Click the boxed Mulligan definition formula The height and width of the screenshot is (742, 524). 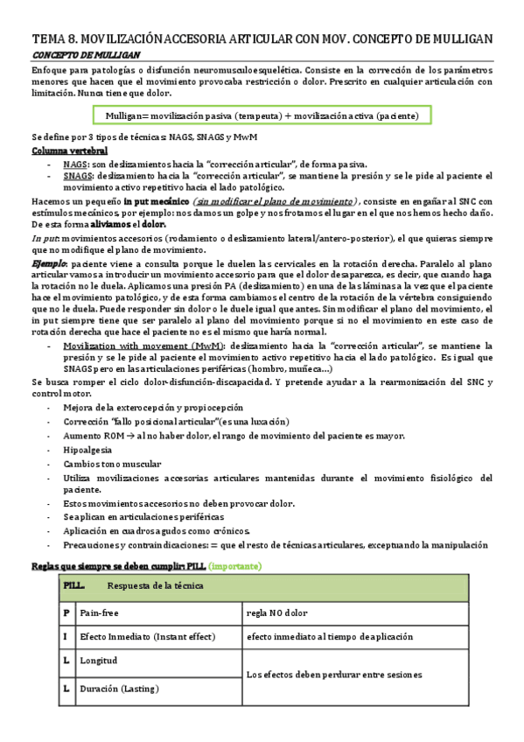262,115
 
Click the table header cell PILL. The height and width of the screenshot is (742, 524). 75,585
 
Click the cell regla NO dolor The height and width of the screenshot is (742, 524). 277,612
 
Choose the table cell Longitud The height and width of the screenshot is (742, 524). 99,661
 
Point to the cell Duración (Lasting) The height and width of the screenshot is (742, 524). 119,689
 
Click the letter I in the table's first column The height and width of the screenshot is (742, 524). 66,637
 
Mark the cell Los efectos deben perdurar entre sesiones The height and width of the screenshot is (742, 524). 334,675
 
